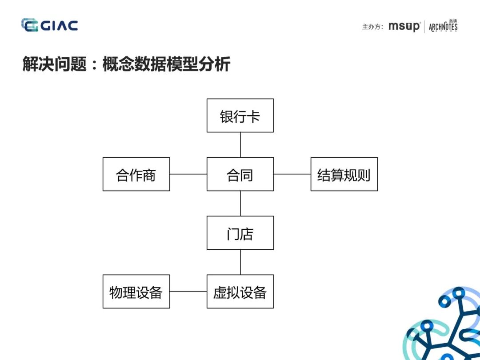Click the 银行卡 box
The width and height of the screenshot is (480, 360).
(240, 116)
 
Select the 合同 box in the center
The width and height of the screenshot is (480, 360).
(240, 174)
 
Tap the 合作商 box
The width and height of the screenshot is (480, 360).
(136, 174)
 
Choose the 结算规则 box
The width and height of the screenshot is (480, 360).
(344, 174)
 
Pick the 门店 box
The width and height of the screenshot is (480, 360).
(240, 233)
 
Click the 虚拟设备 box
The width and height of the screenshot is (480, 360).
(240, 292)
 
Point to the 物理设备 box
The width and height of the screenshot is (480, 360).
(136, 292)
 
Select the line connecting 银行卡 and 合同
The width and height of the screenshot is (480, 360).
(240, 145)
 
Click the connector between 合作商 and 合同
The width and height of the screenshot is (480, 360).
(188, 174)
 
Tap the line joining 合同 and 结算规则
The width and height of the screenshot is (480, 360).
(292, 174)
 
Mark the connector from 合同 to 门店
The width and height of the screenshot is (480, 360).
(240, 204)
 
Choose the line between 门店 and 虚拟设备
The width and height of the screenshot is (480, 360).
(240, 262)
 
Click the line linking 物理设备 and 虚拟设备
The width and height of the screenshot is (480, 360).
(188, 292)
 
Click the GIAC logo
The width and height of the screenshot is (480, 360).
(49, 25)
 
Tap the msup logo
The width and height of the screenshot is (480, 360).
(404, 27)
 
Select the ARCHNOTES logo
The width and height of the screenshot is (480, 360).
(443, 27)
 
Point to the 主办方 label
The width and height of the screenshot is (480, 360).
(372, 27)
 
